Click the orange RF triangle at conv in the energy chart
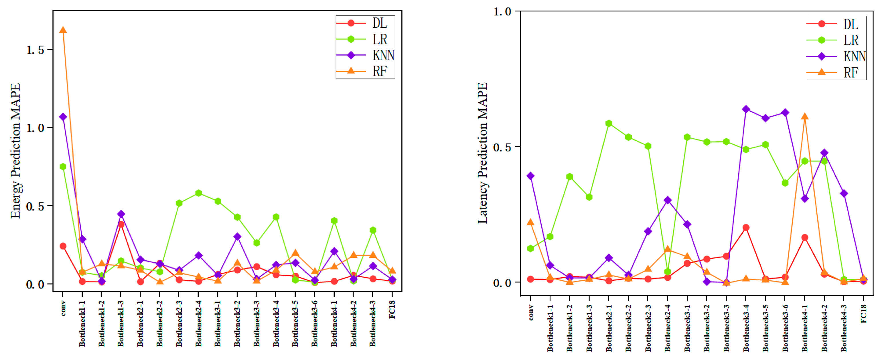coord(63,30)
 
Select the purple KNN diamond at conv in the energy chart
coord(63,117)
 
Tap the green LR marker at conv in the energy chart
coord(63,166)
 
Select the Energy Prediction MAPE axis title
coord(15,151)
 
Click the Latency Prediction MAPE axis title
coord(482,153)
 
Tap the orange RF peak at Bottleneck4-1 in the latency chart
coord(805,117)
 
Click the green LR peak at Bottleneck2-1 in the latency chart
coord(608,123)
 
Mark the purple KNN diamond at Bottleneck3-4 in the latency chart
coord(746,109)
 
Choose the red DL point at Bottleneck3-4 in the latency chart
coord(746,227)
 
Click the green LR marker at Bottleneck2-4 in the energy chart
coord(199,193)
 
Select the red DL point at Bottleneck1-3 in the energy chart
coord(121,224)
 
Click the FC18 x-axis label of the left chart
coord(392,309)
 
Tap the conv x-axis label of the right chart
coord(531,312)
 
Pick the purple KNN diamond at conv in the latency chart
coord(530,176)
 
